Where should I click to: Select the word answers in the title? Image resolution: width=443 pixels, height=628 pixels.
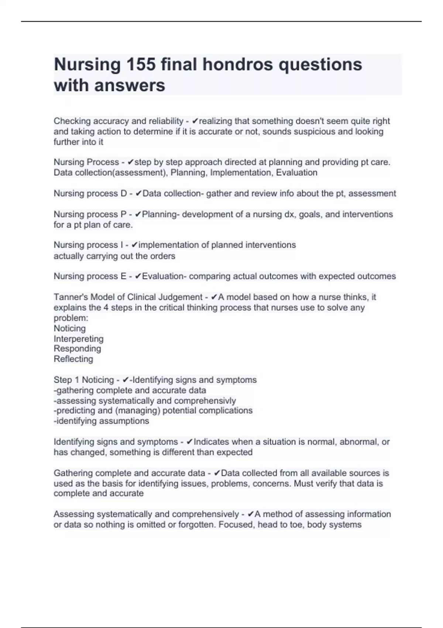point(130,85)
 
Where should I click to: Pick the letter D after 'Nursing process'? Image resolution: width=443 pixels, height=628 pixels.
point(123,193)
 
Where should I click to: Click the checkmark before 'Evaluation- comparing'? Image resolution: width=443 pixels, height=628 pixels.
point(138,276)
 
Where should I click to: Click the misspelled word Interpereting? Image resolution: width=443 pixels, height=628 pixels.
point(79,339)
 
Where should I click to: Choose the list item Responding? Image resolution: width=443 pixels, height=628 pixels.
point(77,348)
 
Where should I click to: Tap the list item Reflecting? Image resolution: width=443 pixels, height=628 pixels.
point(73,359)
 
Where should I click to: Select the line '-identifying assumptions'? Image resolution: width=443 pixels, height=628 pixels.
point(102,421)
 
